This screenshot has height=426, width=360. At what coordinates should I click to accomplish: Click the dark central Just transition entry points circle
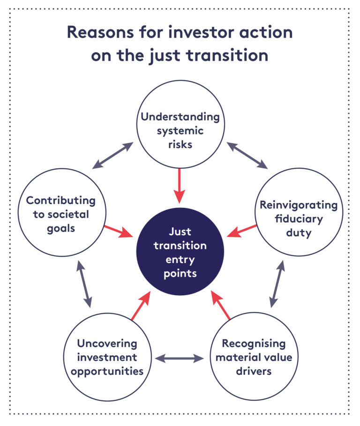[x=180, y=252]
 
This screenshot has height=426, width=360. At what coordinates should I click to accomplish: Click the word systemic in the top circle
[x=180, y=131]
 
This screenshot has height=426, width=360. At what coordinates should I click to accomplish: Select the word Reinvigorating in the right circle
[x=299, y=205]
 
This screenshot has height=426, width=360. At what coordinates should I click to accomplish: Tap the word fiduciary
[x=299, y=219]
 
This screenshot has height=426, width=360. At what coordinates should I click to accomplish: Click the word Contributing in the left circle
[x=60, y=201]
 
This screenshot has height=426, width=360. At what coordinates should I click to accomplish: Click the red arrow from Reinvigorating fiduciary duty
[x=242, y=230]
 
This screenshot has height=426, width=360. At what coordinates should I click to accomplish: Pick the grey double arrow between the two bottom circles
[x=180, y=359]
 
